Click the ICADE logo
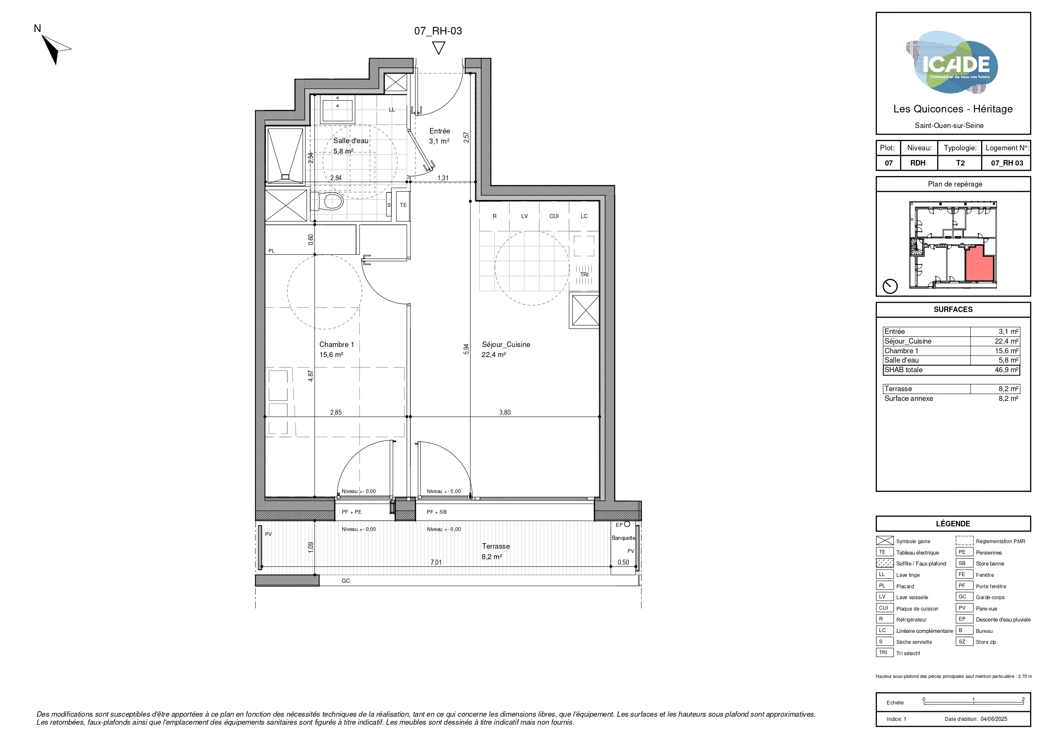[x=952, y=62]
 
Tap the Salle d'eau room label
[x=350, y=146]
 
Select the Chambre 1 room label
[x=336, y=349]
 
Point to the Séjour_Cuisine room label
[x=506, y=349]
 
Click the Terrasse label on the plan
[x=496, y=551]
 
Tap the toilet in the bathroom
[x=327, y=201]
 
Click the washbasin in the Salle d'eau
[x=338, y=109]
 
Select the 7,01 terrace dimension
[x=436, y=562]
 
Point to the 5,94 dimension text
[x=466, y=349]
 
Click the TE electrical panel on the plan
[x=403, y=206]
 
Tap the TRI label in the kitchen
[x=585, y=275]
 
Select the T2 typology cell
[x=960, y=163]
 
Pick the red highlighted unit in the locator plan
[x=979, y=264]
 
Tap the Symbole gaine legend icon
[x=885, y=541]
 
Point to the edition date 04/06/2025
[x=994, y=719]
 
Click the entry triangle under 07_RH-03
[x=438, y=48]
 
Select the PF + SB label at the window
[x=437, y=512]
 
